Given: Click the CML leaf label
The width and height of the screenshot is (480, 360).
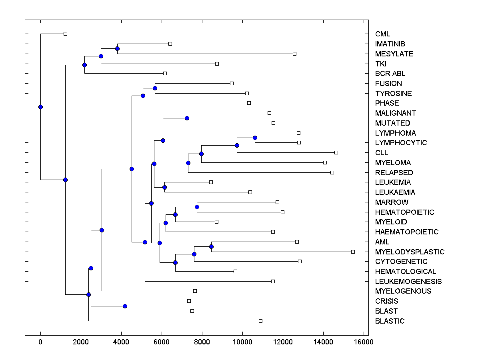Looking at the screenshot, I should [382, 34].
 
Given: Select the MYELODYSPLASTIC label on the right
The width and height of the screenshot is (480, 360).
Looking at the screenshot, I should [410, 252].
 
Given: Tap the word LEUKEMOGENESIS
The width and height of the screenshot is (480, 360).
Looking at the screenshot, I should [408, 282].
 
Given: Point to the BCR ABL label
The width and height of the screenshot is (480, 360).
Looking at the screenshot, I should [390, 74].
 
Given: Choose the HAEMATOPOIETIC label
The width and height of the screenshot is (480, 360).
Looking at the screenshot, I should [407, 232].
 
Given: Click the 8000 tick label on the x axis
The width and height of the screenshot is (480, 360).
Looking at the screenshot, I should [202, 342].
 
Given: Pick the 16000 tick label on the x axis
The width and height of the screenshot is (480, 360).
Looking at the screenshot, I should [364, 342].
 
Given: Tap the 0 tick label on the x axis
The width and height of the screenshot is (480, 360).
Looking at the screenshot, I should [40, 342].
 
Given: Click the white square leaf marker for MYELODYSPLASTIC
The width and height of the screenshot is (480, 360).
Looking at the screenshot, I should [353, 252].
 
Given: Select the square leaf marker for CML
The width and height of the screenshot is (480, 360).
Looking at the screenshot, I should [66, 34].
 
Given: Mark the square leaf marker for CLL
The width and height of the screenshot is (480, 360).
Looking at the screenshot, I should [336, 152].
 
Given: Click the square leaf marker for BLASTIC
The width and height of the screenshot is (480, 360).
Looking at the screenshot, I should [260, 321].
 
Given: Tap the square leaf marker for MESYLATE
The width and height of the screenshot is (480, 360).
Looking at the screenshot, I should [294, 54].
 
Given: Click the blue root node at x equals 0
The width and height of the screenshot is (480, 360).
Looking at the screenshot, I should [40, 107].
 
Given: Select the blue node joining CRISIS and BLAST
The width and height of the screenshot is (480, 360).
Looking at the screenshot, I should [125, 306].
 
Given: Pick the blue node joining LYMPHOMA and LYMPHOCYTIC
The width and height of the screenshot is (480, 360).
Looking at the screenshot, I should [255, 138].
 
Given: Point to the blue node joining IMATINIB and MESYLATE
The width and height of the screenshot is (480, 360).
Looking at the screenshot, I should [117, 49].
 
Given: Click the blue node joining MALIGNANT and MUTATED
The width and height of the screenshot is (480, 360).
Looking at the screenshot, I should [187, 118].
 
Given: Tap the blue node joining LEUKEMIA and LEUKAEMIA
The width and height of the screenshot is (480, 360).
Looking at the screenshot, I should [164, 187].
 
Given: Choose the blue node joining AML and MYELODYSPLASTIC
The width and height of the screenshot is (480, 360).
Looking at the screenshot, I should [211, 246].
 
